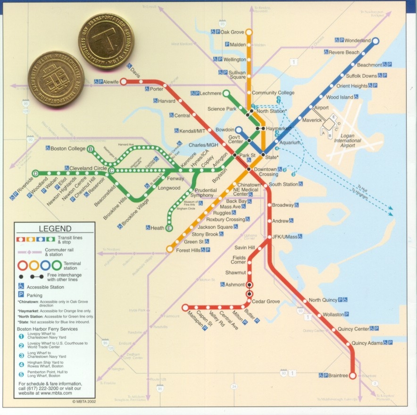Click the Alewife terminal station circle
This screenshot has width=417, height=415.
point(123,82)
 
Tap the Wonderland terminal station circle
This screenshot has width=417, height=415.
point(375,41)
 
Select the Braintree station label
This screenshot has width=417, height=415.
point(338,375)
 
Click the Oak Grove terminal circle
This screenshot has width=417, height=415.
point(249,32)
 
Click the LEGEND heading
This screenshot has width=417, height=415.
point(55,229)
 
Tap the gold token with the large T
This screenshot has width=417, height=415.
point(106,41)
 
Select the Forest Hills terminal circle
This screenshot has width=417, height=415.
point(170,249)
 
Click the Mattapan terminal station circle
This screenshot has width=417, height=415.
point(185,307)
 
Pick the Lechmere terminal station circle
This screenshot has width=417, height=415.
point(226,93)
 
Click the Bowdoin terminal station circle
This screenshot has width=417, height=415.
point(239,130)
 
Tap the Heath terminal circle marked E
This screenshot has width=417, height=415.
point(169,228)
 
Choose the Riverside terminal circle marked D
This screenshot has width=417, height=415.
point(35,174)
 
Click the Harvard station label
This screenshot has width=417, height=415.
point(167,101)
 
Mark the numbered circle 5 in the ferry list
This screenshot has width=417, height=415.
point(21,375)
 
